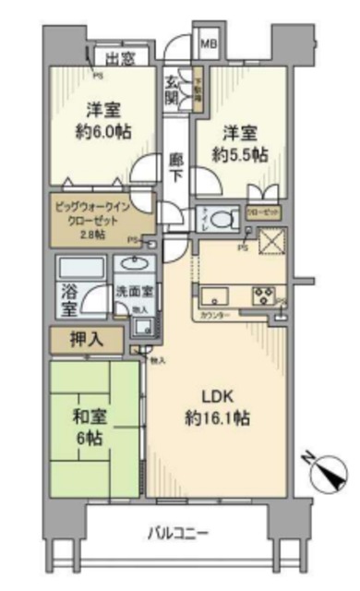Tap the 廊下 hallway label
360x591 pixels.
(176, 166)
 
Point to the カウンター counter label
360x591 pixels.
(214, 316)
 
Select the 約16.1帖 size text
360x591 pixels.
(221, 418)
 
